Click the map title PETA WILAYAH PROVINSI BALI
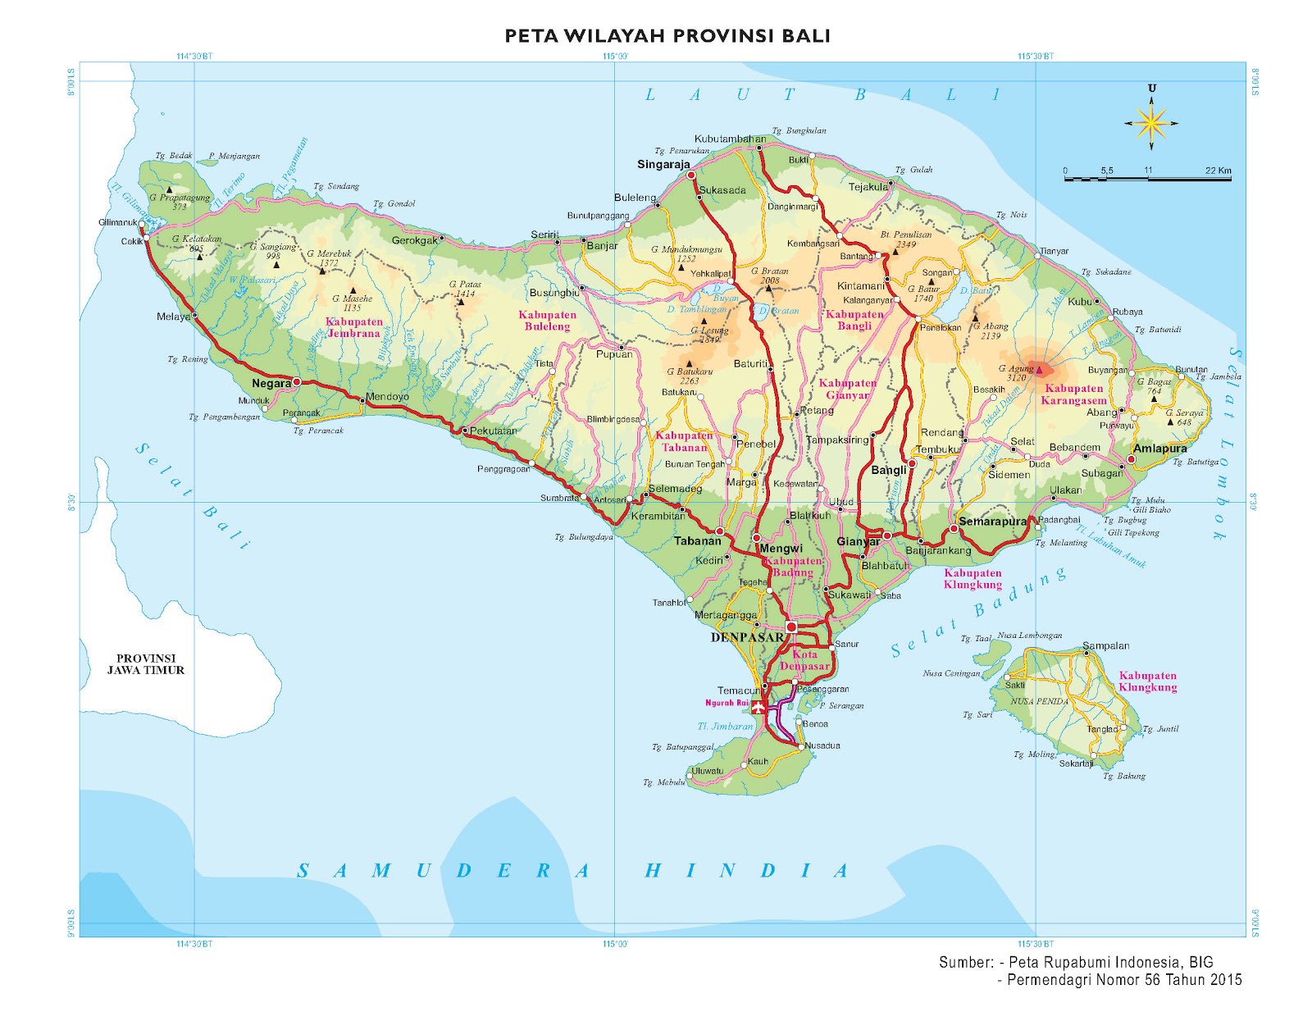click(667, 36)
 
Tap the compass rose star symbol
click(1151, 124)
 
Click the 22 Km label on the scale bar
click(1218, 171)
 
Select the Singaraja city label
click(663, 165)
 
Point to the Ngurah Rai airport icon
click(759, 706)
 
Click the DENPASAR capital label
click(747, 637)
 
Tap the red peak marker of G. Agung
click(1039, 370)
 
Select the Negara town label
click(271, 384)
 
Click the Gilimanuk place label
click(118, 222)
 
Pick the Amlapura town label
click(1159, 449)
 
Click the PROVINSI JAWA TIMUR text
click(145, 664)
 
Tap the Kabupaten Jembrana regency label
click(353, 328)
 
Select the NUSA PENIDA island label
click(1039, 702)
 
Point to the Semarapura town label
click(992, 522)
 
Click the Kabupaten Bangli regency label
click(854, 320)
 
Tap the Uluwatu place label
click(708, 771)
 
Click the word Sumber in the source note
click(966, 963)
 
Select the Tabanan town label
click(697, 541)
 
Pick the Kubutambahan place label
click(730, 139)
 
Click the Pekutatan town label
click(493, 431)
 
